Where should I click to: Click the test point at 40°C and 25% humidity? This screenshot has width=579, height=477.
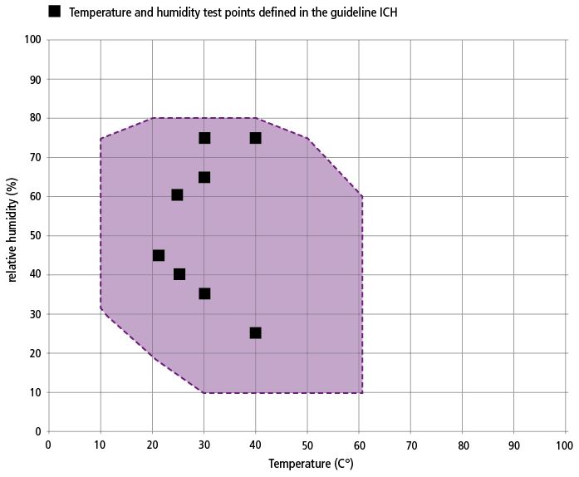pyautogui.click(x=256, y=333)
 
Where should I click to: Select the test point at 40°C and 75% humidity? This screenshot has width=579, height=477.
pyautogui.click(x=256, y=138)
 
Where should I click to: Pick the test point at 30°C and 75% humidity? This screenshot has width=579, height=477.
pyautogui.click(x=204, y=138)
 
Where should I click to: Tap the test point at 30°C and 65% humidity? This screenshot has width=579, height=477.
pyautogui.click(x=204, y=177)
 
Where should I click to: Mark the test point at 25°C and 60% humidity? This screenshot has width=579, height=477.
pyautogui.click(x=177, y=194)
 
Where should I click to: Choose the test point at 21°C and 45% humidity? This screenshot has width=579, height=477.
pyautogui.click(x=159, y=255)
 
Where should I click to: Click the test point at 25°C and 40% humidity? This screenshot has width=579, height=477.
pyautogui.click(x=179, y=274)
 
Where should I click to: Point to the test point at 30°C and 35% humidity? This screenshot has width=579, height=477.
pyautogui.click(x=204, y=293)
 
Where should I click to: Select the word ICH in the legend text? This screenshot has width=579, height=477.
pyautogui.click(x=389, y=12)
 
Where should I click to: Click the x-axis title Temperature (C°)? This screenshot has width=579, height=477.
pyautogui.click(x=311, y=464)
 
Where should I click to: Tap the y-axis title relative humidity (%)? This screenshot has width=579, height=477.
pyautogui.click(x=12, y=230)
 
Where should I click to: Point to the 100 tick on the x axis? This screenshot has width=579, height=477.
pyautogui.click(x=565, y=445)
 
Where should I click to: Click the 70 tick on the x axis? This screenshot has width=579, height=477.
pyautogui.click(x=411, y=445)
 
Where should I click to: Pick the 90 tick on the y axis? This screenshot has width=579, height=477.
pyautogui.click(x=35, y=79)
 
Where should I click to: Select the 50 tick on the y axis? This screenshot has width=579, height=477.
pyautogui.click(x=35, y=236)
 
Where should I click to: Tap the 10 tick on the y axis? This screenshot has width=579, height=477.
pyautogui.click(x=35, y=392)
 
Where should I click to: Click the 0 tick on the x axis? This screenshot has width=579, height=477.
pyautogui.click(x=48, y=445)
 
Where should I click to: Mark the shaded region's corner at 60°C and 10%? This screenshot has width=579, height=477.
pyautogui.click(x=362, y=393)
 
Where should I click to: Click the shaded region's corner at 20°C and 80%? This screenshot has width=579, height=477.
pyautogui.click(x=153, y=118)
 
